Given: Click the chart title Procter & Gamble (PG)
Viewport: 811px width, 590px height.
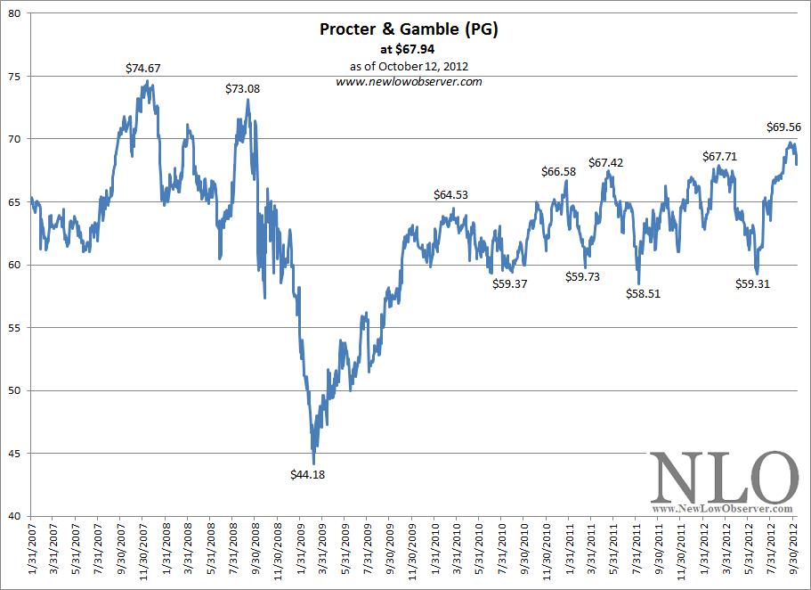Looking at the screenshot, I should (409, 29).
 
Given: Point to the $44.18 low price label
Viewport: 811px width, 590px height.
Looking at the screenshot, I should (308, 475).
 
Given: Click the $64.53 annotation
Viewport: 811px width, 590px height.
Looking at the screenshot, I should (451, 194).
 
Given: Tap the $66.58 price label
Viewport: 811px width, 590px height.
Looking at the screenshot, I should (559, 171).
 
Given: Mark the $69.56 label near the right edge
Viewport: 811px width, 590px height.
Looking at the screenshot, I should (784, 127).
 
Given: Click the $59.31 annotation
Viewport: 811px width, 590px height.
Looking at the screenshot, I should (752, 284).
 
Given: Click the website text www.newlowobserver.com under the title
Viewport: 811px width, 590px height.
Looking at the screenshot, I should (409, 81).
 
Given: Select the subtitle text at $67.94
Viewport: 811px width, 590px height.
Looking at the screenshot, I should (409, 50).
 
